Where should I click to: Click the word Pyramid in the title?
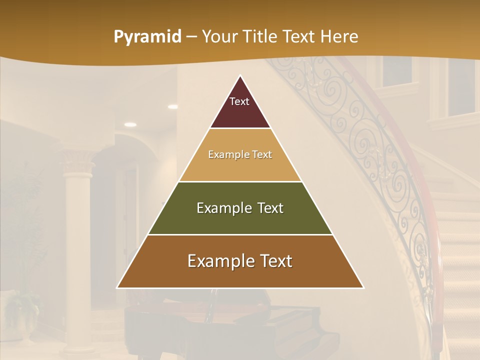[147, 37]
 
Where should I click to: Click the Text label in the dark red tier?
[239, 101]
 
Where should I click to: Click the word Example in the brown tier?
[218, 261]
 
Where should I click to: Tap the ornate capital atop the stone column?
[77, 163]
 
